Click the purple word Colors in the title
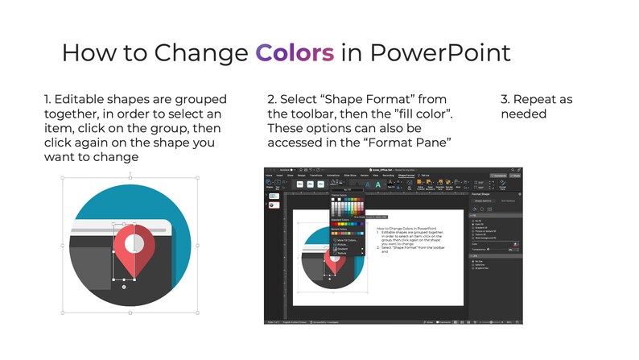click(295, 53)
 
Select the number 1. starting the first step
click(48, 100)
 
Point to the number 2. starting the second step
click(272, 100)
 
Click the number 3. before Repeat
click(505, 100)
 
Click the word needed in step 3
click(524, 114)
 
